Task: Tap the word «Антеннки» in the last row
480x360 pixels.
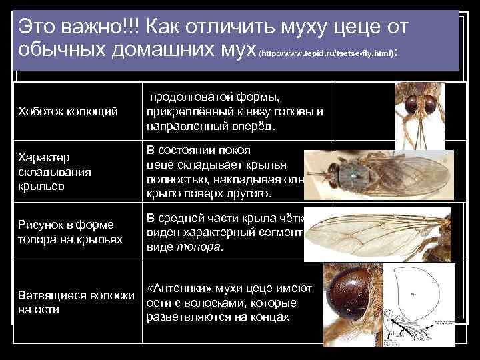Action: coord(183,288)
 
